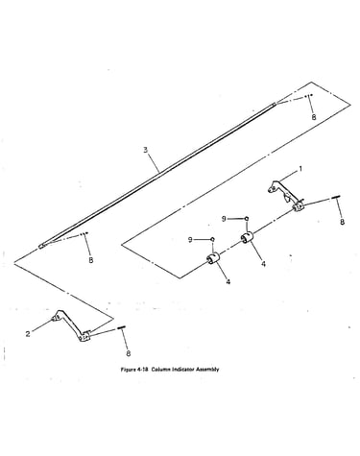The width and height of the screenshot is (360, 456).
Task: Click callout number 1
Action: click(x=300, y=169)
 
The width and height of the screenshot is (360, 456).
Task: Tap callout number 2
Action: click(x=28, y=334)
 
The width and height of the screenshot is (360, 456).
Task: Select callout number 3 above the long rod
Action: click(x=146, y=150)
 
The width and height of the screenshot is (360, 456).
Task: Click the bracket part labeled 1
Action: click(x=286, y=197)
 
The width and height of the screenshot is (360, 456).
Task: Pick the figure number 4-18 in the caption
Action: click(x=142, y=370)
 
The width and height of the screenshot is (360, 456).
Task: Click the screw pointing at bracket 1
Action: click(x=337, y=198)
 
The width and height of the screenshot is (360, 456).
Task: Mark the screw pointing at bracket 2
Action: click(x=122, y=327)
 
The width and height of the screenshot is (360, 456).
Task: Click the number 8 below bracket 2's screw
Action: click(x=129, y=353)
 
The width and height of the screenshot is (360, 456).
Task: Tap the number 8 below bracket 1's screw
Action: click(x=342, y=222)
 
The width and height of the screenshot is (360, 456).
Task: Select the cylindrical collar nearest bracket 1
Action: click(x=247, y=238)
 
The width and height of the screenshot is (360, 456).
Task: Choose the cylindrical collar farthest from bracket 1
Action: click(x=212, y=258)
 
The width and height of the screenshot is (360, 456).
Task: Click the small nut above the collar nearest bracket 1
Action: click(x=247, y=218)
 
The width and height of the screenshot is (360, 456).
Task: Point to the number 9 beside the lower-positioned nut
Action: click(x=190, y=240)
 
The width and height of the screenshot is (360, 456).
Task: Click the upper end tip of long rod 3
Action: click(x=275, y=104)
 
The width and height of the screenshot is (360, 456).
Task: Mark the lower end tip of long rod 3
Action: click(x=39, y=247)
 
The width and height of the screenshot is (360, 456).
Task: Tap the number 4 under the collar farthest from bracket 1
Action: click(x=228, y=282)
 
